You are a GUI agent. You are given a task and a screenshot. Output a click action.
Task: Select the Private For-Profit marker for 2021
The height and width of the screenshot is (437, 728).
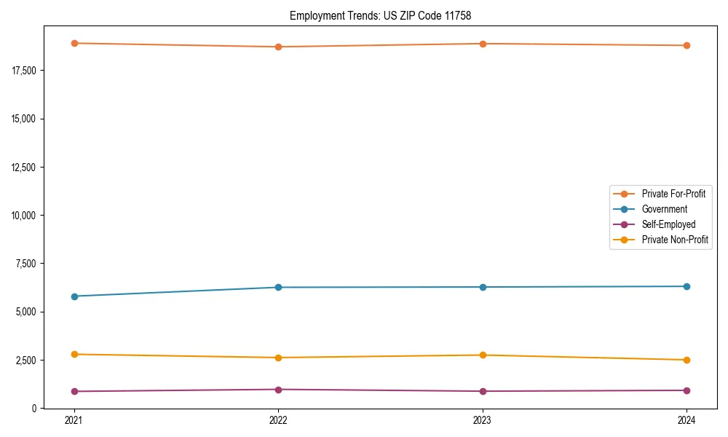tap(74, 43)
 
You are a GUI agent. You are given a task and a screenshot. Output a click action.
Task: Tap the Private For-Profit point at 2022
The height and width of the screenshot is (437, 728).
tap(278, 47)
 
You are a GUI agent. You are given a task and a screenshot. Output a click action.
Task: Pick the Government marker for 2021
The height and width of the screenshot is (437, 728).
tap(74, 296)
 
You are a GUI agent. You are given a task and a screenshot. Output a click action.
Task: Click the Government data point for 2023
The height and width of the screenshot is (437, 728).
tap(483, 287)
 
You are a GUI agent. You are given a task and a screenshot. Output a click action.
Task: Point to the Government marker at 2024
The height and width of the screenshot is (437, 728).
tap(687, 286)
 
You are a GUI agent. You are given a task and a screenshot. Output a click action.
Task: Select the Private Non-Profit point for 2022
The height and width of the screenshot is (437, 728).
tap(278, 358)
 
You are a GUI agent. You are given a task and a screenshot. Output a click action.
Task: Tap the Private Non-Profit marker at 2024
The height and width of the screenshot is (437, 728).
tap(687, 360)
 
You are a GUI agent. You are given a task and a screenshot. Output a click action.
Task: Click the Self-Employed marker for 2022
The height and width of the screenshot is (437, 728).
tap(278, 390)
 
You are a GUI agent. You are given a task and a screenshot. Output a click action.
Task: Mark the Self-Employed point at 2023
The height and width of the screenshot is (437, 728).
tap(483, 391)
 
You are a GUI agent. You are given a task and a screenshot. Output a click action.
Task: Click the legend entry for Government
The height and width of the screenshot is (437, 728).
tap(664, 209)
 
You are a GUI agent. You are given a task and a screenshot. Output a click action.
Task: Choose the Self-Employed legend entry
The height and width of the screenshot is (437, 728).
tap(668, 224)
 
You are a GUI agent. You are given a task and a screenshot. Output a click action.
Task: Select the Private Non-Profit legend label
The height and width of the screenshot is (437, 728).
tap(675, 240)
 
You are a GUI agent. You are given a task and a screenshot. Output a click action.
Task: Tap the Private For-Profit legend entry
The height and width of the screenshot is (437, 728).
tap(673, 194)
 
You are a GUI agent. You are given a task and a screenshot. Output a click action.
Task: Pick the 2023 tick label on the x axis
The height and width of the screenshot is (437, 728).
tap(483, 420)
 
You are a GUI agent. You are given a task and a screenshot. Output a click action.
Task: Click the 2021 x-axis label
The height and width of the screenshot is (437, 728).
tap(74, 420)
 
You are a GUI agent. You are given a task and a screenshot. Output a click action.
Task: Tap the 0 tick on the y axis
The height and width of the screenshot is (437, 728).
tap(34, 409)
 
